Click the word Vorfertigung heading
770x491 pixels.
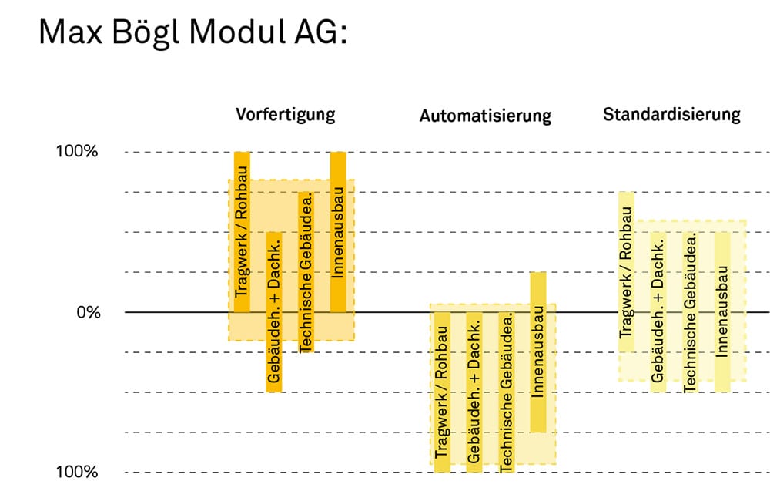(x=286, y=115)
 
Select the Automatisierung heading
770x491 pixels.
(x=485, y=116)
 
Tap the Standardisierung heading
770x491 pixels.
(x=671, y=115)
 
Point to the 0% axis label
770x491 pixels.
(x=89, y=312)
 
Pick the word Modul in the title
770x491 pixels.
(x=236, y=32)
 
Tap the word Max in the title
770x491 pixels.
(x=70, y=32)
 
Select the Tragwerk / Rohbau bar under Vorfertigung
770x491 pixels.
(x=242, y=232)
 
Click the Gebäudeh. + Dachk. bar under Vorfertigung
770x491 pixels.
(x=274, y=312)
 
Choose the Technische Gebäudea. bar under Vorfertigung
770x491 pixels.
(x=306, y=272)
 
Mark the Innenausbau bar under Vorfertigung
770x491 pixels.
(x=338, y=232)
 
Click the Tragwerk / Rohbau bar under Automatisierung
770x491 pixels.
(x=442, y=392)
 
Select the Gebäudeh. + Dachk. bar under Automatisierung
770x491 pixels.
(x=474, y=392)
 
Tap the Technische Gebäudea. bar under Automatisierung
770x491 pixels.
(x=507, y=392)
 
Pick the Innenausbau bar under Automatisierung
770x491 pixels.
(x=538, y=352)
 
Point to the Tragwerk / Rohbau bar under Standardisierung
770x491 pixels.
(x=626, y=272)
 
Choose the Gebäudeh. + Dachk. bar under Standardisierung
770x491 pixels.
(x=658, y=312)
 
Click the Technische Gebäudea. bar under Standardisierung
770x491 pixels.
(x=691, y=312)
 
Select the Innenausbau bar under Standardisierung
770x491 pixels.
(x=722, y=312)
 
